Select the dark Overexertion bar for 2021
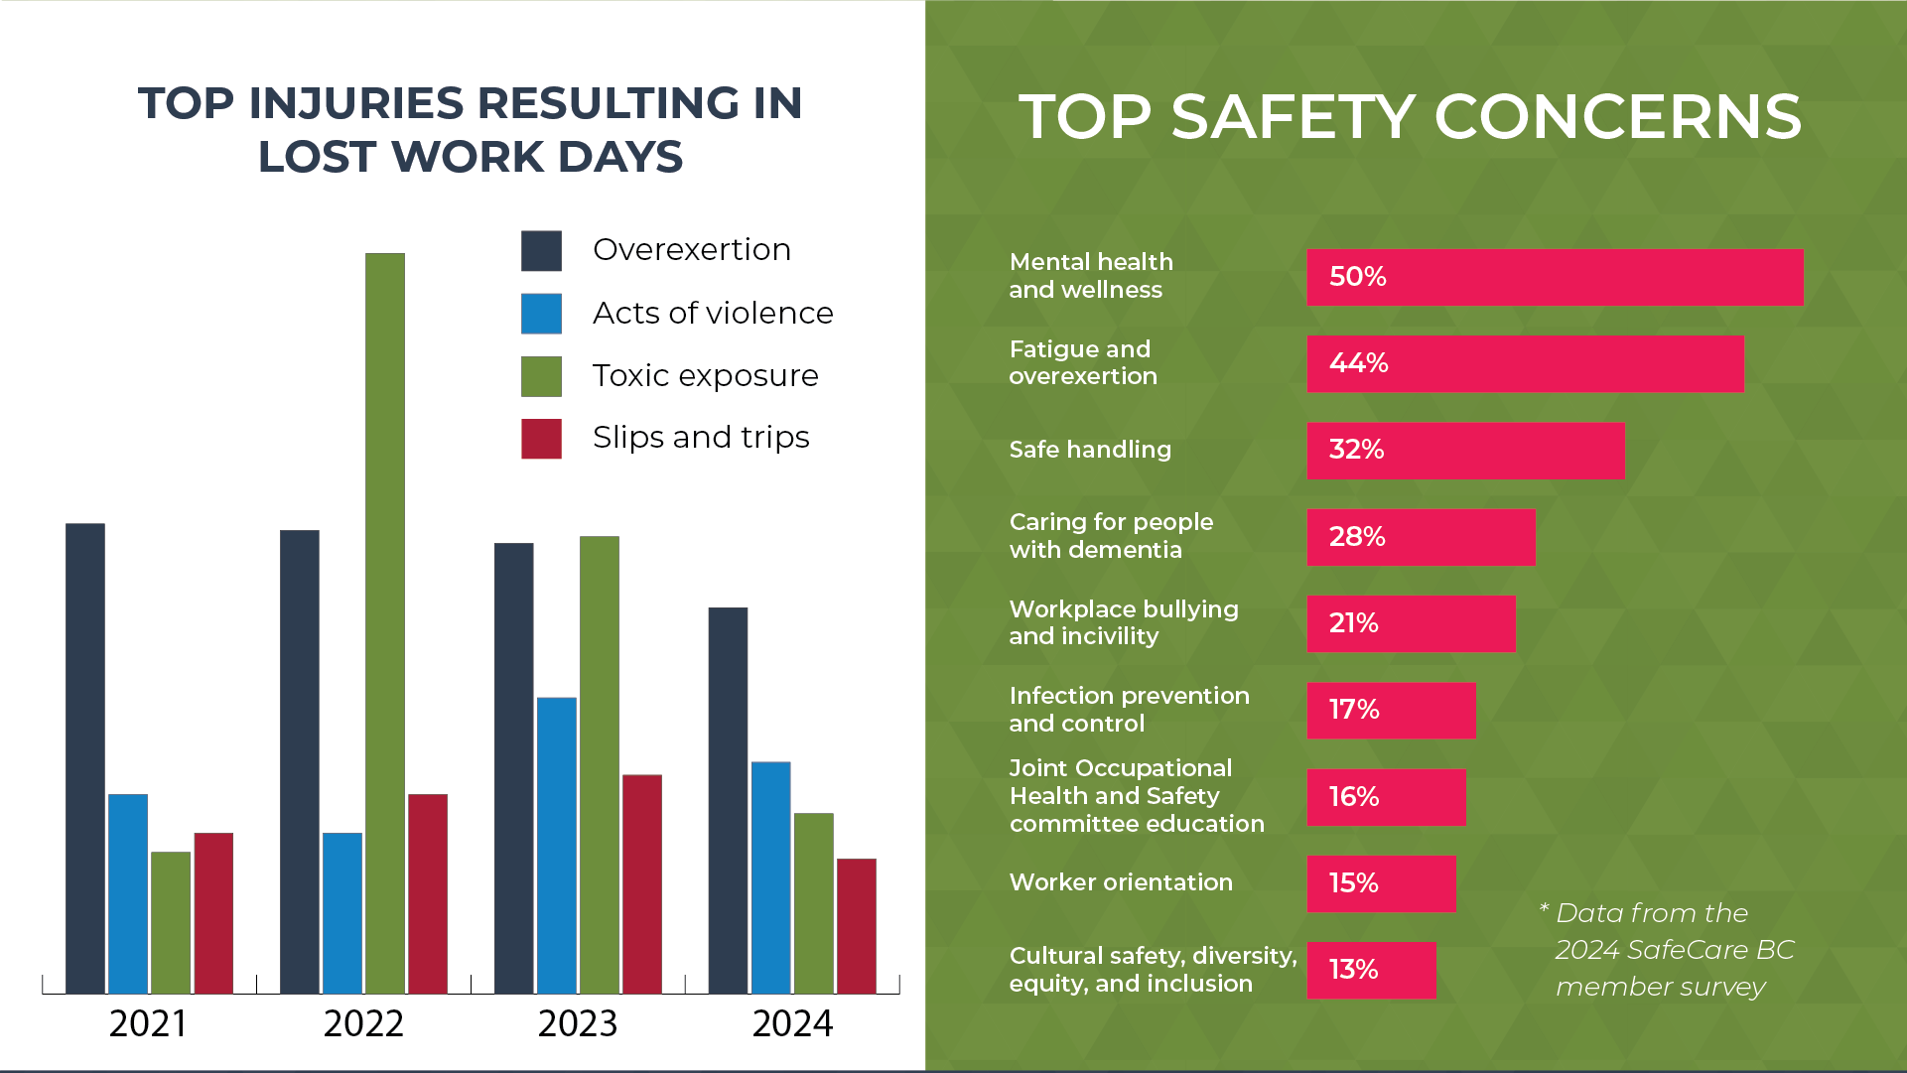tap(85, 758)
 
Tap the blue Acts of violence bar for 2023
tap(557, 846)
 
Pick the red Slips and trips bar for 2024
tap(857, 926)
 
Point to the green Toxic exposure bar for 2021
tap(171, 923)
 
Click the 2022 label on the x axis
tap(363, 1023)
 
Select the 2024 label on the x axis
tap(792, 1023)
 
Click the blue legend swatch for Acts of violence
tap(541, 314)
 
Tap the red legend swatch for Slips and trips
tap(541, 439)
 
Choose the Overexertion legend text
tap(692, 250)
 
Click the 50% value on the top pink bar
tap(1357, 277)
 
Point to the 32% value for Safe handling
tap(1356, 450)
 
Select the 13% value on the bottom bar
tap(1353, 970)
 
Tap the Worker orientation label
tap(1121, 882)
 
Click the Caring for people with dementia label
tap(1111, 536)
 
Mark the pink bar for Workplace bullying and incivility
tap(1411, 623)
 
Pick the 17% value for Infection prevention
tap(1354, 710)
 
